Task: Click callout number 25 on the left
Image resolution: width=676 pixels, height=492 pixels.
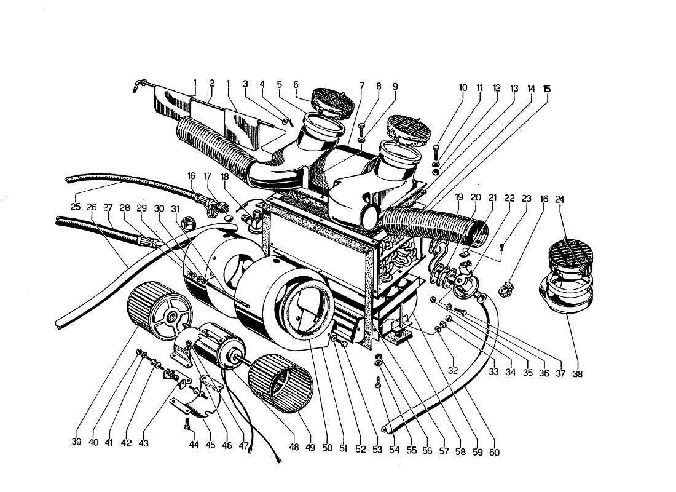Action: tap(75, 207)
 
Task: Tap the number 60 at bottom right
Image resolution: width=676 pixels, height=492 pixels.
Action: tap(495, 453)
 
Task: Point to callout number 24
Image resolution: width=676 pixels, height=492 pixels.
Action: tap(559, 199)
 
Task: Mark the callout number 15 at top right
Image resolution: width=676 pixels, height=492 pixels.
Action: tap(547, 89)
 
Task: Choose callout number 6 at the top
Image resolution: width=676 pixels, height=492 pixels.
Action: tap(296, 84)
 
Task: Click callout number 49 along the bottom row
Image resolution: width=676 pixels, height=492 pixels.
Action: tap(310, 448)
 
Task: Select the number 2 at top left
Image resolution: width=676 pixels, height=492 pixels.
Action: tap(211, 83)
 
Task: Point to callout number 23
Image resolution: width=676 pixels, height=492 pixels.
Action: tap(526, 199)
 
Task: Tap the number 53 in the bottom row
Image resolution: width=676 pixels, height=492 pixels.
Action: tap(377, 450)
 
